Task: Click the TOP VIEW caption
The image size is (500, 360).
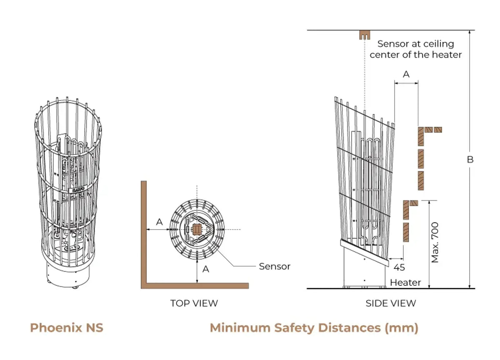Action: [x=194, y=303]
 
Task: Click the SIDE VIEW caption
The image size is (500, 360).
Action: [x=391, y=303]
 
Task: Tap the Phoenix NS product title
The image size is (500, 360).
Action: [x=67, y=328]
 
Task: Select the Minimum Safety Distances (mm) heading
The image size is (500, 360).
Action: [x=314, y=328]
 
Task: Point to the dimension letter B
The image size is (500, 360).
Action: [x=470, y=160]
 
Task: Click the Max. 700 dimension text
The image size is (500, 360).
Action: [x=435, y=242]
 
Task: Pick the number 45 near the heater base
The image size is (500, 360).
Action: [x=399, y=267]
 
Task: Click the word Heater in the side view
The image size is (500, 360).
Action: [x=405, y=282]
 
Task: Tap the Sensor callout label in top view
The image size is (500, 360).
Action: [x=275, y=266]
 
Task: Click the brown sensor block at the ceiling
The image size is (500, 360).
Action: [x=365, y=35]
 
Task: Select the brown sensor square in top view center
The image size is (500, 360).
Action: [x=197, y=230]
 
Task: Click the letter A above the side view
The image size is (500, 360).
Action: [x=406, y=74]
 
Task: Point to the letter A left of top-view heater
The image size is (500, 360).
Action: [x=159, y=222]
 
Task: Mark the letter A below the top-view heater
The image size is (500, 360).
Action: [x=206, y=269]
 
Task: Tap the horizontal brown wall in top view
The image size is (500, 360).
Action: [x=195, y=286]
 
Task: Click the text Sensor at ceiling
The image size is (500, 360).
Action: [x=416, y=44]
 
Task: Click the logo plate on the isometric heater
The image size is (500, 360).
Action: [x=78, y=190]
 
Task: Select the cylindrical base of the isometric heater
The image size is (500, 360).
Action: [x=68, y=276]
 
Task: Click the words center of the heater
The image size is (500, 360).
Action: [x=416, y=55]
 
